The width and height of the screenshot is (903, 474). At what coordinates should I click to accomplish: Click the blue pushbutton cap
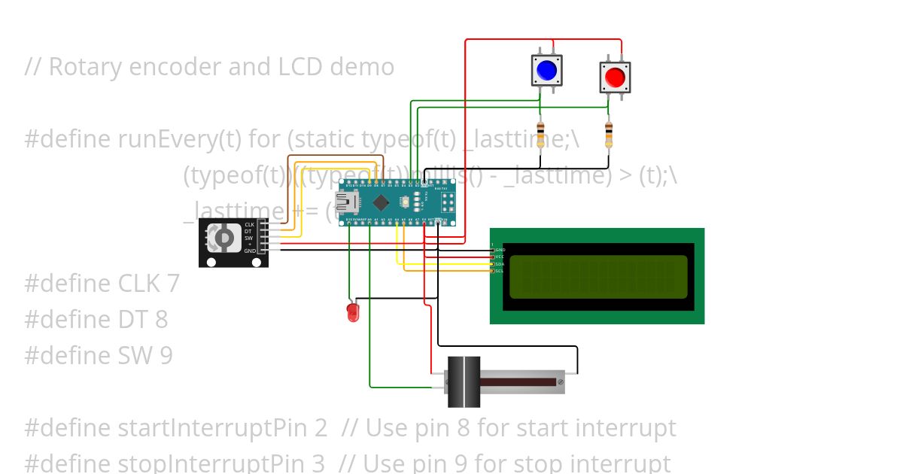point(546,71)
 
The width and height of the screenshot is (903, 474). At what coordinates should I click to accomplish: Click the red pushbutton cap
point(615,77)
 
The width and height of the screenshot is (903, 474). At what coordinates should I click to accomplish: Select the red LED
point(352,312)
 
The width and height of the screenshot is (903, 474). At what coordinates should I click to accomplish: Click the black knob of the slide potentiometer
point(464,382)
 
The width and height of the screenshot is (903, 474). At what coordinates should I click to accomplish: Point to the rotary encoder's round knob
point(223,239)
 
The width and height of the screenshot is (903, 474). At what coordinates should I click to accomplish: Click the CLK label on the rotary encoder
point(249,225)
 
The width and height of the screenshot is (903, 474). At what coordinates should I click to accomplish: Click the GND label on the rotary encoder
point(249,251)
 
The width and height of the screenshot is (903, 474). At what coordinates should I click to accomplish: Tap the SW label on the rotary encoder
point(248,238)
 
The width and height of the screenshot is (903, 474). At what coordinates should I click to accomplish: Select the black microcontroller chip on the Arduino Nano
point(382,202)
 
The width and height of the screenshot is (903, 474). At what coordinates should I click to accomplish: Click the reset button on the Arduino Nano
point(406,202)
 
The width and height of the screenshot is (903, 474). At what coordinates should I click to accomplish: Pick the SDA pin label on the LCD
point(500,264)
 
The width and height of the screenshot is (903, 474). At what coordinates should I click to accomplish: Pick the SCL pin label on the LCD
point(500,271)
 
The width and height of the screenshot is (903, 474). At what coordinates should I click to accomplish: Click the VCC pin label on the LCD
point(500,257)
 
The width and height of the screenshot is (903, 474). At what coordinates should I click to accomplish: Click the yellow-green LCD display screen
point(598,277)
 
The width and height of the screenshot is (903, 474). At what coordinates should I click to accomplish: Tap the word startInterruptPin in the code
point(223,428)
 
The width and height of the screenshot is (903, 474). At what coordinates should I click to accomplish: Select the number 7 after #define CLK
point(172,284)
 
